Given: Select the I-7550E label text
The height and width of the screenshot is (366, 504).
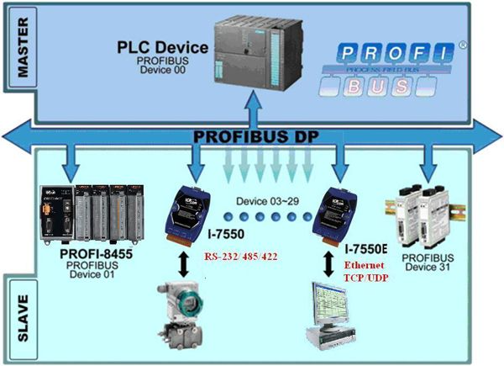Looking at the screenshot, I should point(364,250).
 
